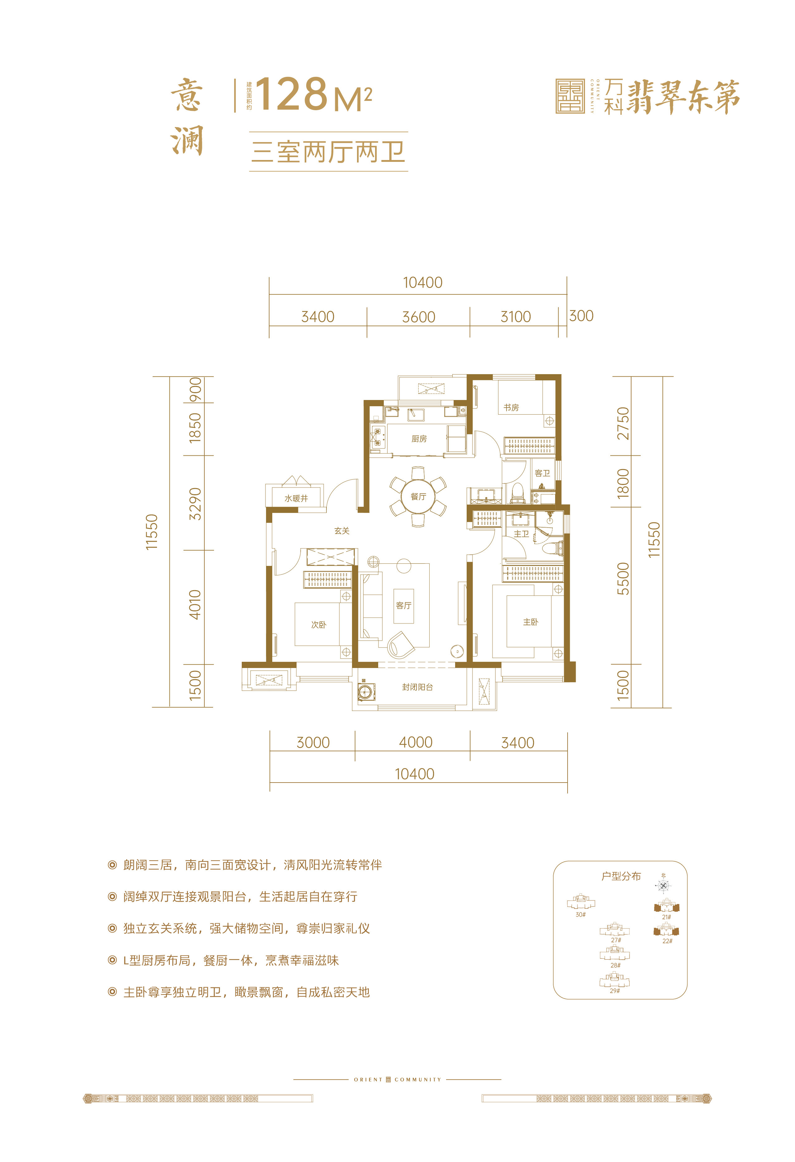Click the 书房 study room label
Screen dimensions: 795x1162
pos(511,407)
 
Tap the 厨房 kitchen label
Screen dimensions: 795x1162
pos(419,439)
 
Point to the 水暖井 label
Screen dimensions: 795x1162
pos(296,498)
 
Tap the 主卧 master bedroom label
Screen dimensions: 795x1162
pos(530,622)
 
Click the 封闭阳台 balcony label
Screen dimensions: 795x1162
pos(417,687)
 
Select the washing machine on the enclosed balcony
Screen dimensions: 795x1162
pos(366,692)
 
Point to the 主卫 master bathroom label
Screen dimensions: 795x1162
pos(521,534)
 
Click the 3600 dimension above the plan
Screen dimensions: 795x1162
pos(418,317)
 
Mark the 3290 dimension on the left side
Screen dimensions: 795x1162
pos(195,504)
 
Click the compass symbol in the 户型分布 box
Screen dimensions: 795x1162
pos(664,885)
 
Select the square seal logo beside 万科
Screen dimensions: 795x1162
pos(570,96)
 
